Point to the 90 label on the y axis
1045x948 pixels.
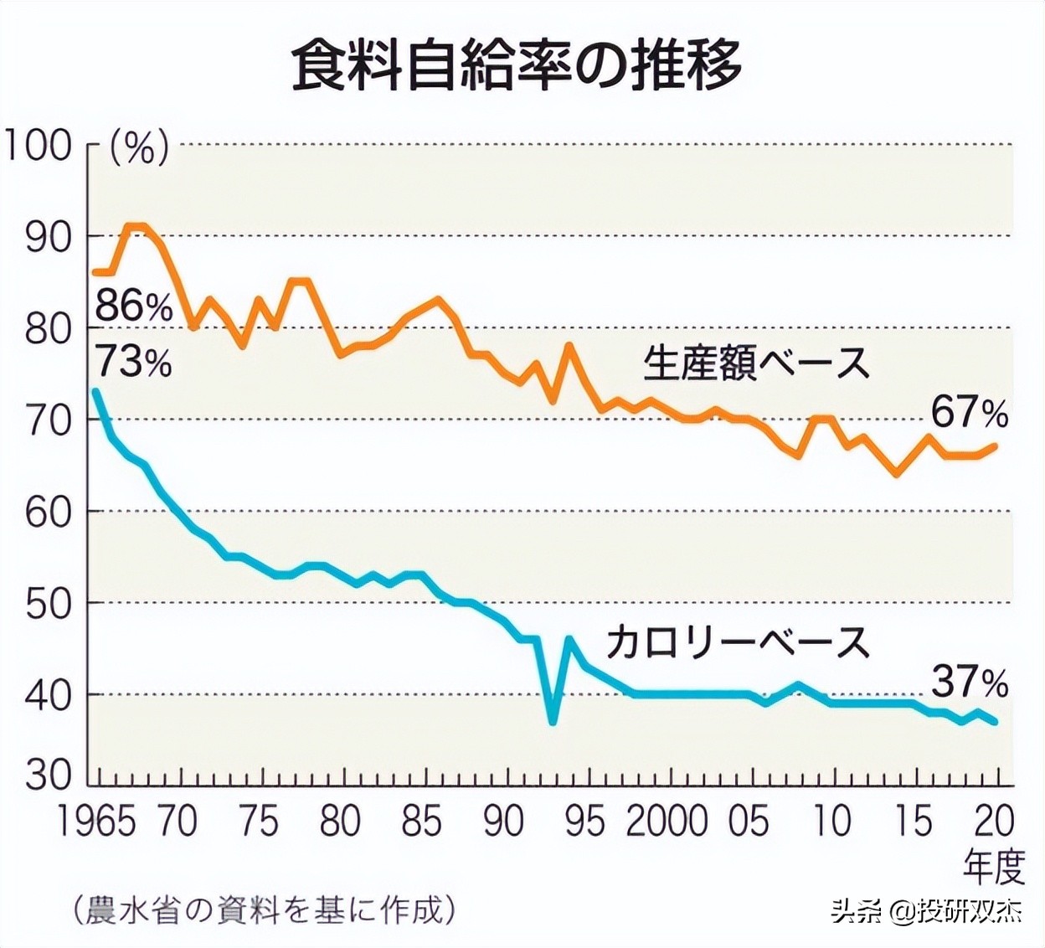48,237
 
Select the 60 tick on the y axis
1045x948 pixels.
48,512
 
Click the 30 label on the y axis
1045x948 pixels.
48,775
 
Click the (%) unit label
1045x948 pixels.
140,147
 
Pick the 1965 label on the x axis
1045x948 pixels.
96,822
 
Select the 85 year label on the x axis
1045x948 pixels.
421,822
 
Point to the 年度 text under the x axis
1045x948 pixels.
994,867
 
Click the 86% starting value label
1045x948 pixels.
133,307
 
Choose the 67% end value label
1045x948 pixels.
970,413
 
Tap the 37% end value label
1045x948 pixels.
970,683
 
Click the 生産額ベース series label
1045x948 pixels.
757,363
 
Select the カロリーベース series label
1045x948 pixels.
738,642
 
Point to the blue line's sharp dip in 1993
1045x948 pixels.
553,721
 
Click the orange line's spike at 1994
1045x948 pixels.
569,345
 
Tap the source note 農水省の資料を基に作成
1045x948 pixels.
264,909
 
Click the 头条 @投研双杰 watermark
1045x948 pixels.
926,911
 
